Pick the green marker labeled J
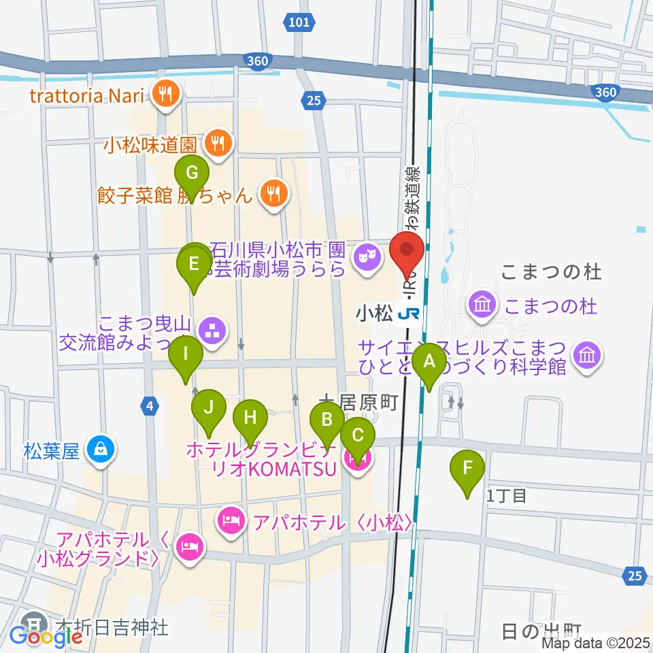tap(208, 409)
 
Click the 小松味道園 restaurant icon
tap(219, 143)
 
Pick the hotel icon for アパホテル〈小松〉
tap(231, 522)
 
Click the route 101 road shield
tap(298, 22)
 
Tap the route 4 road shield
tap(150, 407)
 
